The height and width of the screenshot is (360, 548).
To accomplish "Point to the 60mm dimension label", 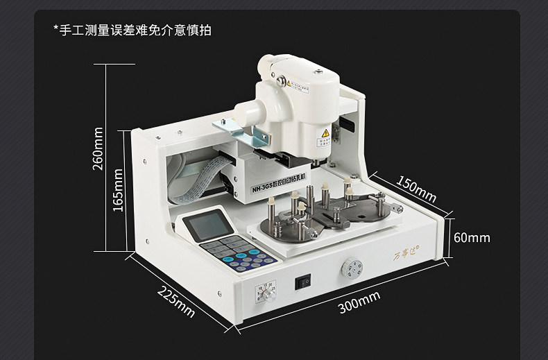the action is tap(472, 238).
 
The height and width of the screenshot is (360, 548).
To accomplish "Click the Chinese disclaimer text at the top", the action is tap(133, 30).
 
